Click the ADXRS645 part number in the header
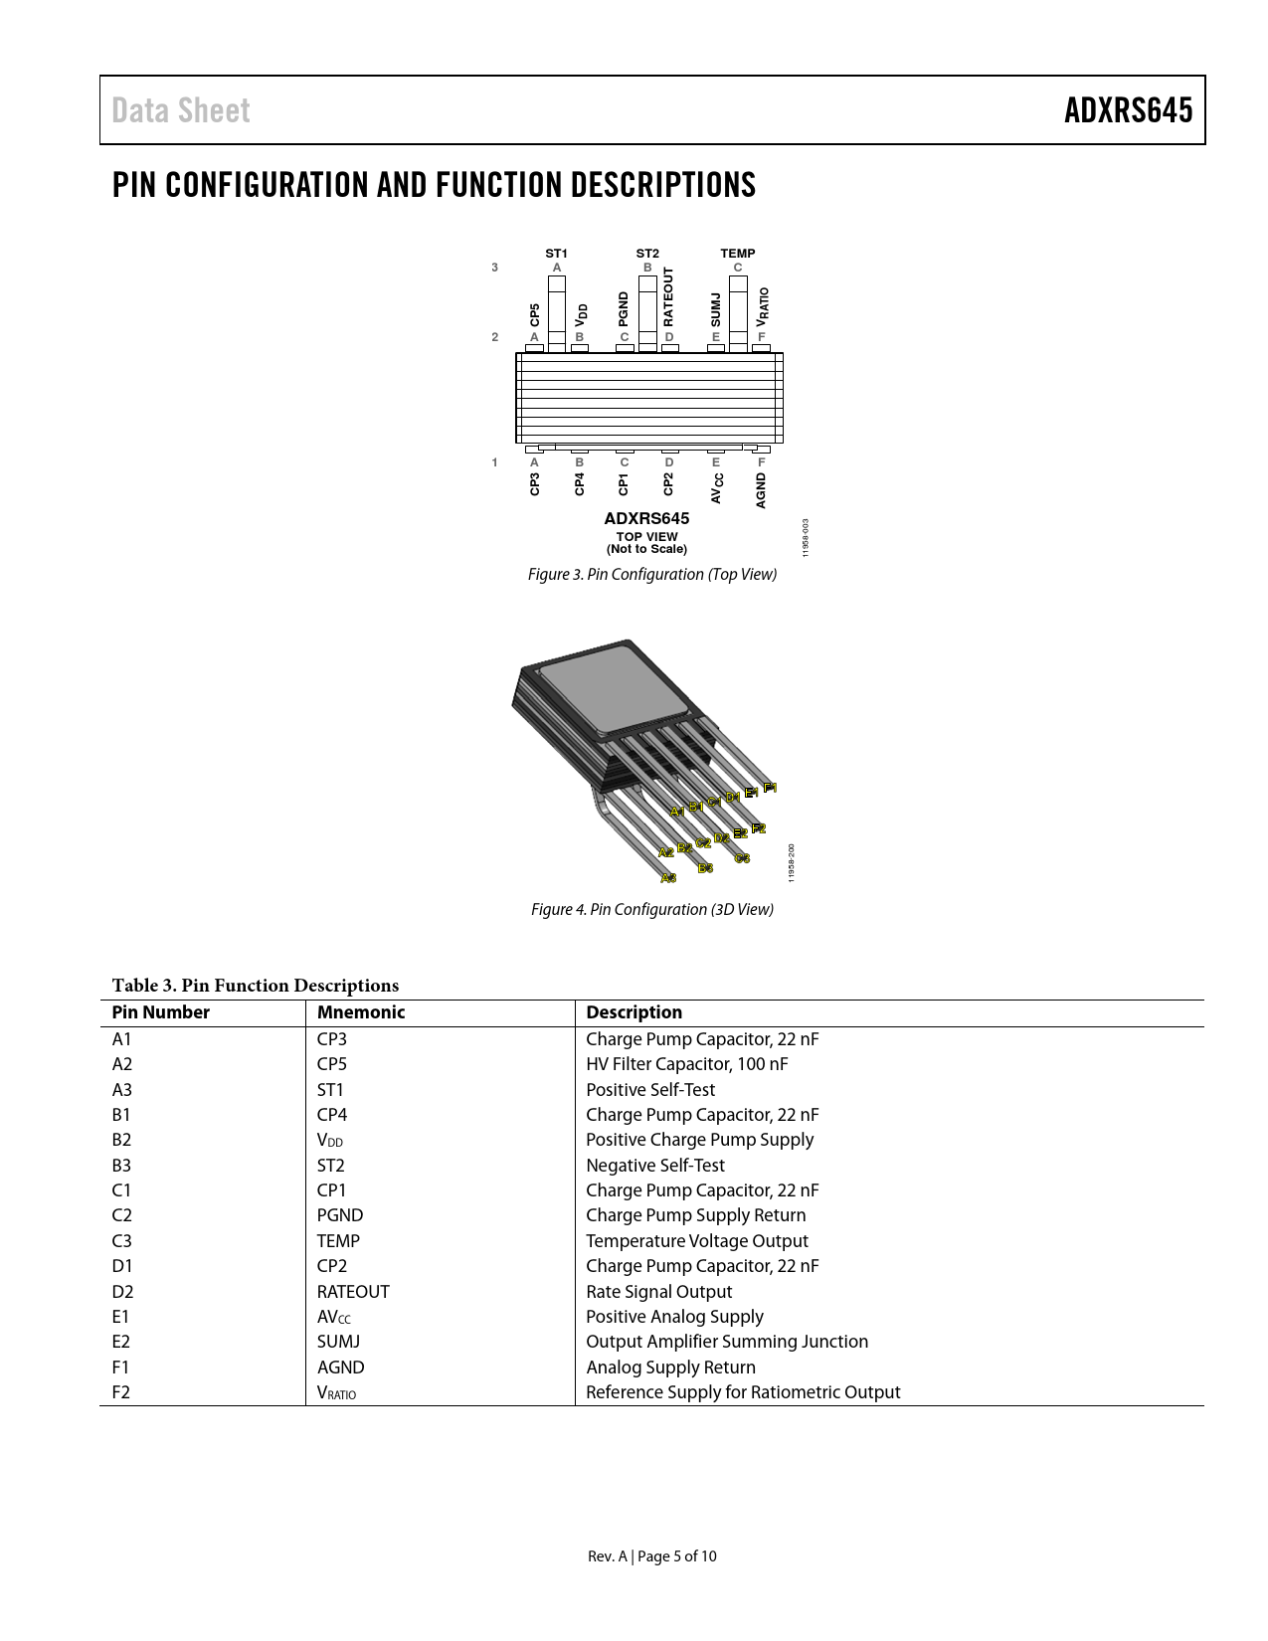tap(1128, 110)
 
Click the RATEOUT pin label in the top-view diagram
tap(668, 296)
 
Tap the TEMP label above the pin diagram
tap(737, 254)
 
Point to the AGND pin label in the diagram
tap(761, 490)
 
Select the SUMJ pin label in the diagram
tap(715, 309)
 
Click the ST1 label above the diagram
tap(556, 254)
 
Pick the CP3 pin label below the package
tap(535, 484)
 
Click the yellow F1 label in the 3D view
tap(770, 788)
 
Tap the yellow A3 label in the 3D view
tap(668, 878)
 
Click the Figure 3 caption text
tap(651, 575)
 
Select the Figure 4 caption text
tap(651, 909)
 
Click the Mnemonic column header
tap(361, 1012)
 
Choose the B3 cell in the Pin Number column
tap(121, 1166)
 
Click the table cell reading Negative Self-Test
tap(655, 1166)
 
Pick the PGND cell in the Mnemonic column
tap(340, 1215)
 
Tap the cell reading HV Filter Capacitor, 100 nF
tap(686, 1064)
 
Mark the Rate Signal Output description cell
tap(658, 1292)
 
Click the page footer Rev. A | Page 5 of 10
tap(651, 1556)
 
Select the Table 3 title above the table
tap(256, 986)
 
